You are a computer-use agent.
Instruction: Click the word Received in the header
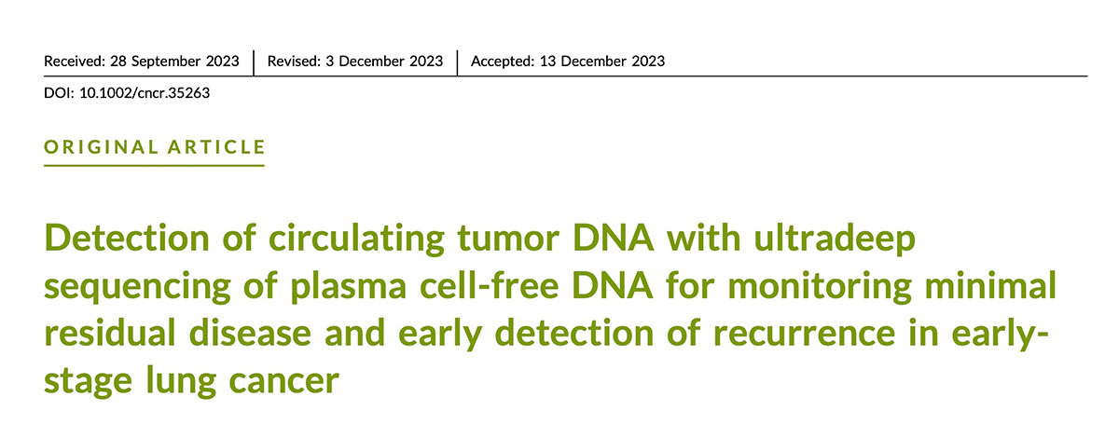[75, 61]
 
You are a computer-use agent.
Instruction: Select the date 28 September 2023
[175, 62]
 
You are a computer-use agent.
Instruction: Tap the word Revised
[294, 61]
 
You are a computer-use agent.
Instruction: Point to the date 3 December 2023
[384, 61]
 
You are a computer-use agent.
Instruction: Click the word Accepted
[503, 62]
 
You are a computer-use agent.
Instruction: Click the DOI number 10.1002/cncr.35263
[145, 93]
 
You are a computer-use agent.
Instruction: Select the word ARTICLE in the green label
[216, 147]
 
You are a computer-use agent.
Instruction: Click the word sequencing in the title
[137, 287]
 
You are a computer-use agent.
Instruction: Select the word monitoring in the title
[820, 287]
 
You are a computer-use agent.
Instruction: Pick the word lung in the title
[181, 382]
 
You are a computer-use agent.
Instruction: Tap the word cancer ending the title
[284, 382]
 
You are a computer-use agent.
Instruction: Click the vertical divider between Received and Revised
[254, 62]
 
